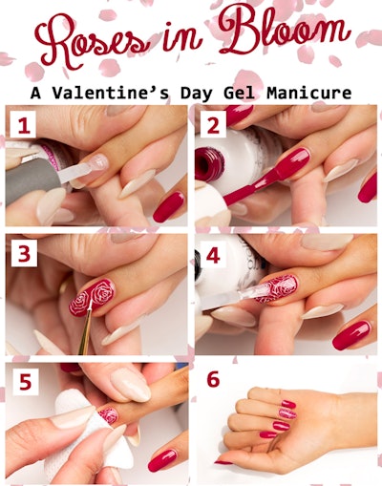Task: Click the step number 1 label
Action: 23,126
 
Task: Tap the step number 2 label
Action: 213,126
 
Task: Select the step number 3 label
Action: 24,254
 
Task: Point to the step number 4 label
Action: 213,255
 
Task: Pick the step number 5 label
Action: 26,382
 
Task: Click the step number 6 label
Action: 213,379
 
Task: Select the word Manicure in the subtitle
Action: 309,93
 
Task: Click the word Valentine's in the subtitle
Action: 111,93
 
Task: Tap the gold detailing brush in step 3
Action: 86,328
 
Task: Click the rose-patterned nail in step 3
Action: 92,297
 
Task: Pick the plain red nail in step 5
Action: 162,460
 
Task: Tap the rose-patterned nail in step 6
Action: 287,413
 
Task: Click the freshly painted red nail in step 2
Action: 294,164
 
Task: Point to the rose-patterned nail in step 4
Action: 276,288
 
